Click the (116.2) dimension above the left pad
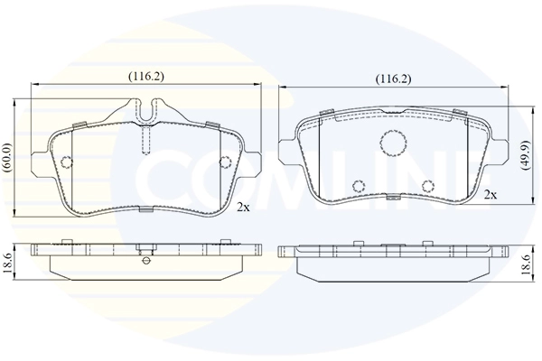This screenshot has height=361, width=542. pyautogui.click(x=146, y=77)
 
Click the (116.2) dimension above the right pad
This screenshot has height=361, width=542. pyautogui.click(x=393, y=79)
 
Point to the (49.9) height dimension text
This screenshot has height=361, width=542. pyautogui.click(x=527, y=155)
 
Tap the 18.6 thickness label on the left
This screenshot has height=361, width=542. pyautogui.click(x=8, y=264)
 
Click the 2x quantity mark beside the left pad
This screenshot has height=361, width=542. pyautogui.click(x=243, y=207)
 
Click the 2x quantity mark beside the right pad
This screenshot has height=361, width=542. pyautogui.click(x=491, y=195)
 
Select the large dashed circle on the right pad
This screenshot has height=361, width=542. pyautogui.click(x=393, y=142)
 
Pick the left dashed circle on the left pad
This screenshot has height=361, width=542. pyautogui.click(x=66, y=162)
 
